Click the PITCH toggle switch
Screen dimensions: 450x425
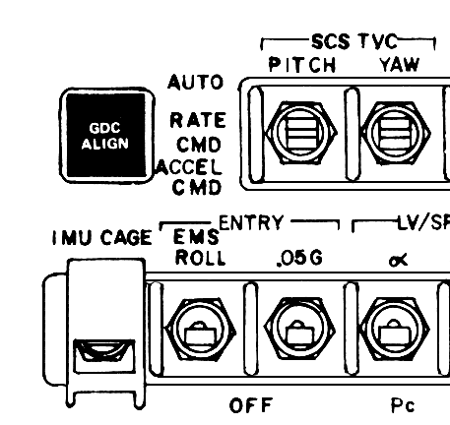[301, 133]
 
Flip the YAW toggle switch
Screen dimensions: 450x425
[396, 133]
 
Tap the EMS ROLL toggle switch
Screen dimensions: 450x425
[200, 330]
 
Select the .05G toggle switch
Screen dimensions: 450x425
[299, 330]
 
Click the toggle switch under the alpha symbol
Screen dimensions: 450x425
[394, 330]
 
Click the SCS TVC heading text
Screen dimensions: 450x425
[354, 41]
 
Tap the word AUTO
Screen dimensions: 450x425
[196, 82]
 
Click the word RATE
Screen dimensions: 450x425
[198, 120]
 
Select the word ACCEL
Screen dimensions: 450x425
[189, 167]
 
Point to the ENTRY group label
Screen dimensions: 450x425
[251, 223]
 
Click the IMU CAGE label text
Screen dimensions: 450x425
[102, 237]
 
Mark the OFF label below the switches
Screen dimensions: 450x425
[251, 405]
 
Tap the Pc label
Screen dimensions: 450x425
[403, 405]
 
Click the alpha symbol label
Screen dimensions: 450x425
[398, 260]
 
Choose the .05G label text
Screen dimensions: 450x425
[299, 259]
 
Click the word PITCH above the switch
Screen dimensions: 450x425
[302, 65]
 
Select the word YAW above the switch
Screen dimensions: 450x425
[400, 65]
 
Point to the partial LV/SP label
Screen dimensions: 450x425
[423, 223]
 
